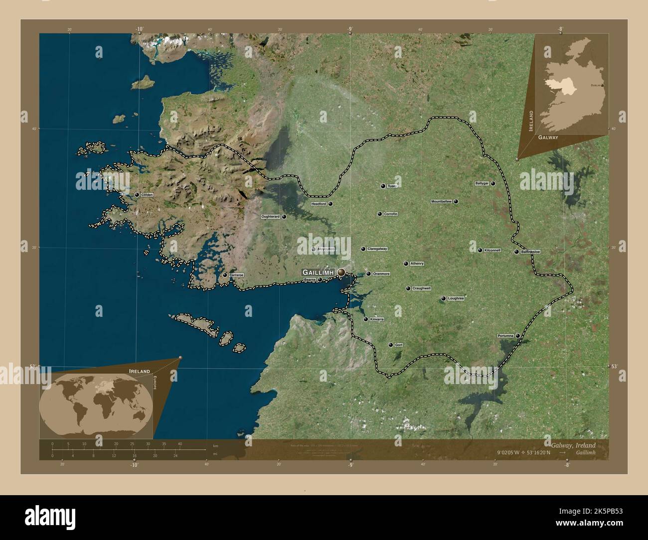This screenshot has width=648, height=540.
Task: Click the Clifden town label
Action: (147, 195)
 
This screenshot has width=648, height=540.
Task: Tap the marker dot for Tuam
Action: (383, 186)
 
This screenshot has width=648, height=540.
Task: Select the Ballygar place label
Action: (482, 183)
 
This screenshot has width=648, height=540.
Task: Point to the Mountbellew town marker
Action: (456, 202)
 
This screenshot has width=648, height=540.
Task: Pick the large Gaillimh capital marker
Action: (341, 272)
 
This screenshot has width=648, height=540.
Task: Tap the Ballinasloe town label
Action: (530, 252)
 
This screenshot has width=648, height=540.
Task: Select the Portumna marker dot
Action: (518, 336)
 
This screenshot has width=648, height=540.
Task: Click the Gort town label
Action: (399, 345)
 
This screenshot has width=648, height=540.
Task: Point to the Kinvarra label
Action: (377, 319)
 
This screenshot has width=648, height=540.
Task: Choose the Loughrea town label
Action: (456, 298)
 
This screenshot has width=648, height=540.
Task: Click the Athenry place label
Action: (417, 264)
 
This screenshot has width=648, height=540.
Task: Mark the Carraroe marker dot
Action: (225, 275)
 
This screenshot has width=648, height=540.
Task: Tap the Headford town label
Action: (318, 204)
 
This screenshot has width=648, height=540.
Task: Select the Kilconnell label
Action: (492, 250)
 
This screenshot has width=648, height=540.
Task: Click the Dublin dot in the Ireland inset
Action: (603, 86)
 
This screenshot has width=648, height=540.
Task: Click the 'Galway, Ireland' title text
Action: (573, 444)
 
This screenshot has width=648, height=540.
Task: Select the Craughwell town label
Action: (421, 288)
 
